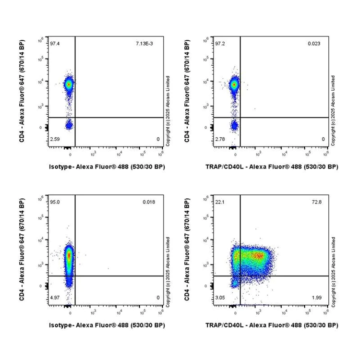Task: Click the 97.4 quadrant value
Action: (54, 44)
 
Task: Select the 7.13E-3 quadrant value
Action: (144, 44)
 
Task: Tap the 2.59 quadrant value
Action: (54, 139)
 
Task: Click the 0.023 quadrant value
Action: (313, 44)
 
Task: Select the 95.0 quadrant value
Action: (54, 202)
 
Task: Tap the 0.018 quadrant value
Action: (148, 202)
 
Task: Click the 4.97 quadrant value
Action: (54, 298)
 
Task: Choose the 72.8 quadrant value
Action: (316, 202)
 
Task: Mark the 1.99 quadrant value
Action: (316, 298)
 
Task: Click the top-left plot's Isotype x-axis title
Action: (107, 167)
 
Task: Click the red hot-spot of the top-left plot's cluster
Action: (69, 84)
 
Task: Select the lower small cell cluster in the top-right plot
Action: (234, 126)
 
